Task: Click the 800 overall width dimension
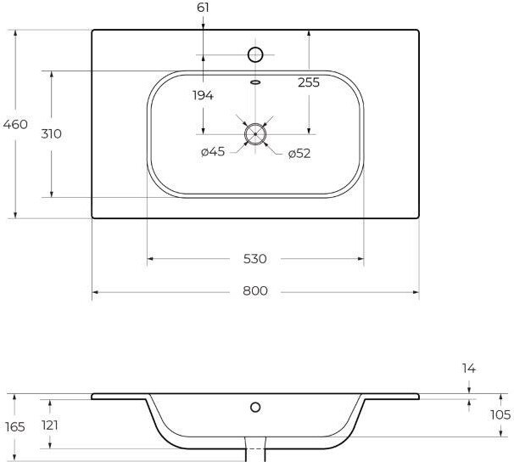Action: tap(255, 290)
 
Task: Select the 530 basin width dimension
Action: tap(255, 259)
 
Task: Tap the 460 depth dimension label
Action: tap(15, 124)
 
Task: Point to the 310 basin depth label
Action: tap(51, 134)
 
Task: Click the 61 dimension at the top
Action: tap(203, 8)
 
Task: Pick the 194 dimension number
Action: tap(203, 95)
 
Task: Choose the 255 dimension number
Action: tap(309, 82)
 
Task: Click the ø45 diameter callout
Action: tap(213, 151)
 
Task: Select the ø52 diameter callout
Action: tap(299, 154)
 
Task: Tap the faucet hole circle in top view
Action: tap(255, 48)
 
